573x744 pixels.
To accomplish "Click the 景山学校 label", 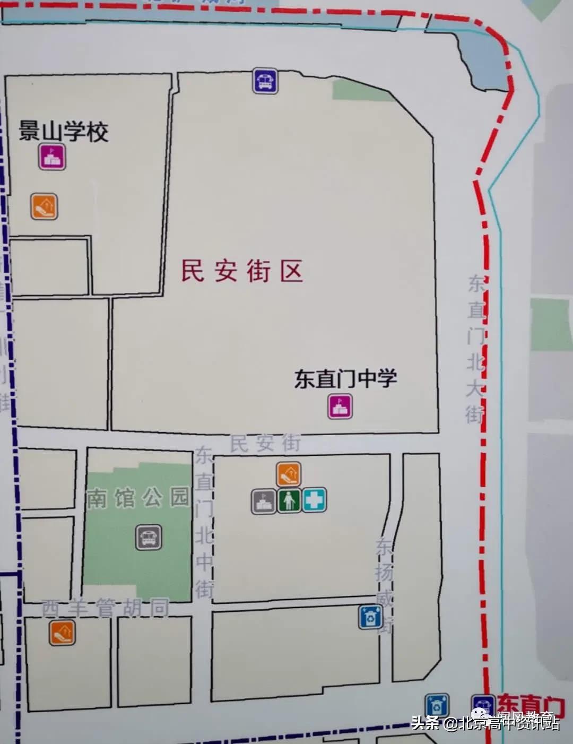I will [64, 131].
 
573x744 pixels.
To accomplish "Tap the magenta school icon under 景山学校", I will [53, 158].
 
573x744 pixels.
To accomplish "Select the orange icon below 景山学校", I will [44, 206].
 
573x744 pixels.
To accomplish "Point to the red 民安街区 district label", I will [242, 271].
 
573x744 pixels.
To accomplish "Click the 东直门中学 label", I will [345, 379].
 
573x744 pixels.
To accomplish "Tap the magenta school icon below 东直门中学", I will [340, 407].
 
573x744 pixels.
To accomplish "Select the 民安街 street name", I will [265, 444].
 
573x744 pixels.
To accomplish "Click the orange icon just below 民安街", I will [288, 474].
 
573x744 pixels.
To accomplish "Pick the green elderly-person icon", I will [289, 500].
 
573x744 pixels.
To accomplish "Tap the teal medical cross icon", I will [314, 500].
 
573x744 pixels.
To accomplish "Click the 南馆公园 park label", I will [137, 498].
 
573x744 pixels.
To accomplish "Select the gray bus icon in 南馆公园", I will [149, 537].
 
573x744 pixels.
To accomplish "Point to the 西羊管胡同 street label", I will [106, 608].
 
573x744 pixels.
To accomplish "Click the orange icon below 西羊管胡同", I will [62, 632].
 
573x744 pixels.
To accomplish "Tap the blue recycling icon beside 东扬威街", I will [370, 617].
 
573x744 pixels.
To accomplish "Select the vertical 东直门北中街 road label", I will [204, 523].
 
